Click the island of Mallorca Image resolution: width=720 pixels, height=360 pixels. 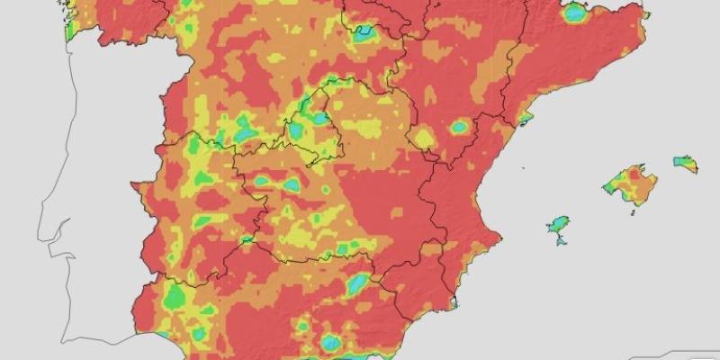(x=632, y=184)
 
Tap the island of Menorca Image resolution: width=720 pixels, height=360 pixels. (x=686, y=163)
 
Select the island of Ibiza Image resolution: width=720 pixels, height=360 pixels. (x=559, y=223)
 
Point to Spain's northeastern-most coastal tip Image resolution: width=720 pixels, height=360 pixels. (x=644, y=13)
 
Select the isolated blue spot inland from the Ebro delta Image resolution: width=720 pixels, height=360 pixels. (x=459, y=127)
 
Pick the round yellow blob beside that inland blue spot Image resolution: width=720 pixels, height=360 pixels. (x=422, y=138)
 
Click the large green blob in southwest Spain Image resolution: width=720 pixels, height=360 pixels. (x=172, y=294)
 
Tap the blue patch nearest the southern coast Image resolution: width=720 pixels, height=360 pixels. (x=332, y=342)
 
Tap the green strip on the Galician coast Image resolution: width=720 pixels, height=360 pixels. (x=70, y=27)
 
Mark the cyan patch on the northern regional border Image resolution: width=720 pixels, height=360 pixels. (x=364, y=34)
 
